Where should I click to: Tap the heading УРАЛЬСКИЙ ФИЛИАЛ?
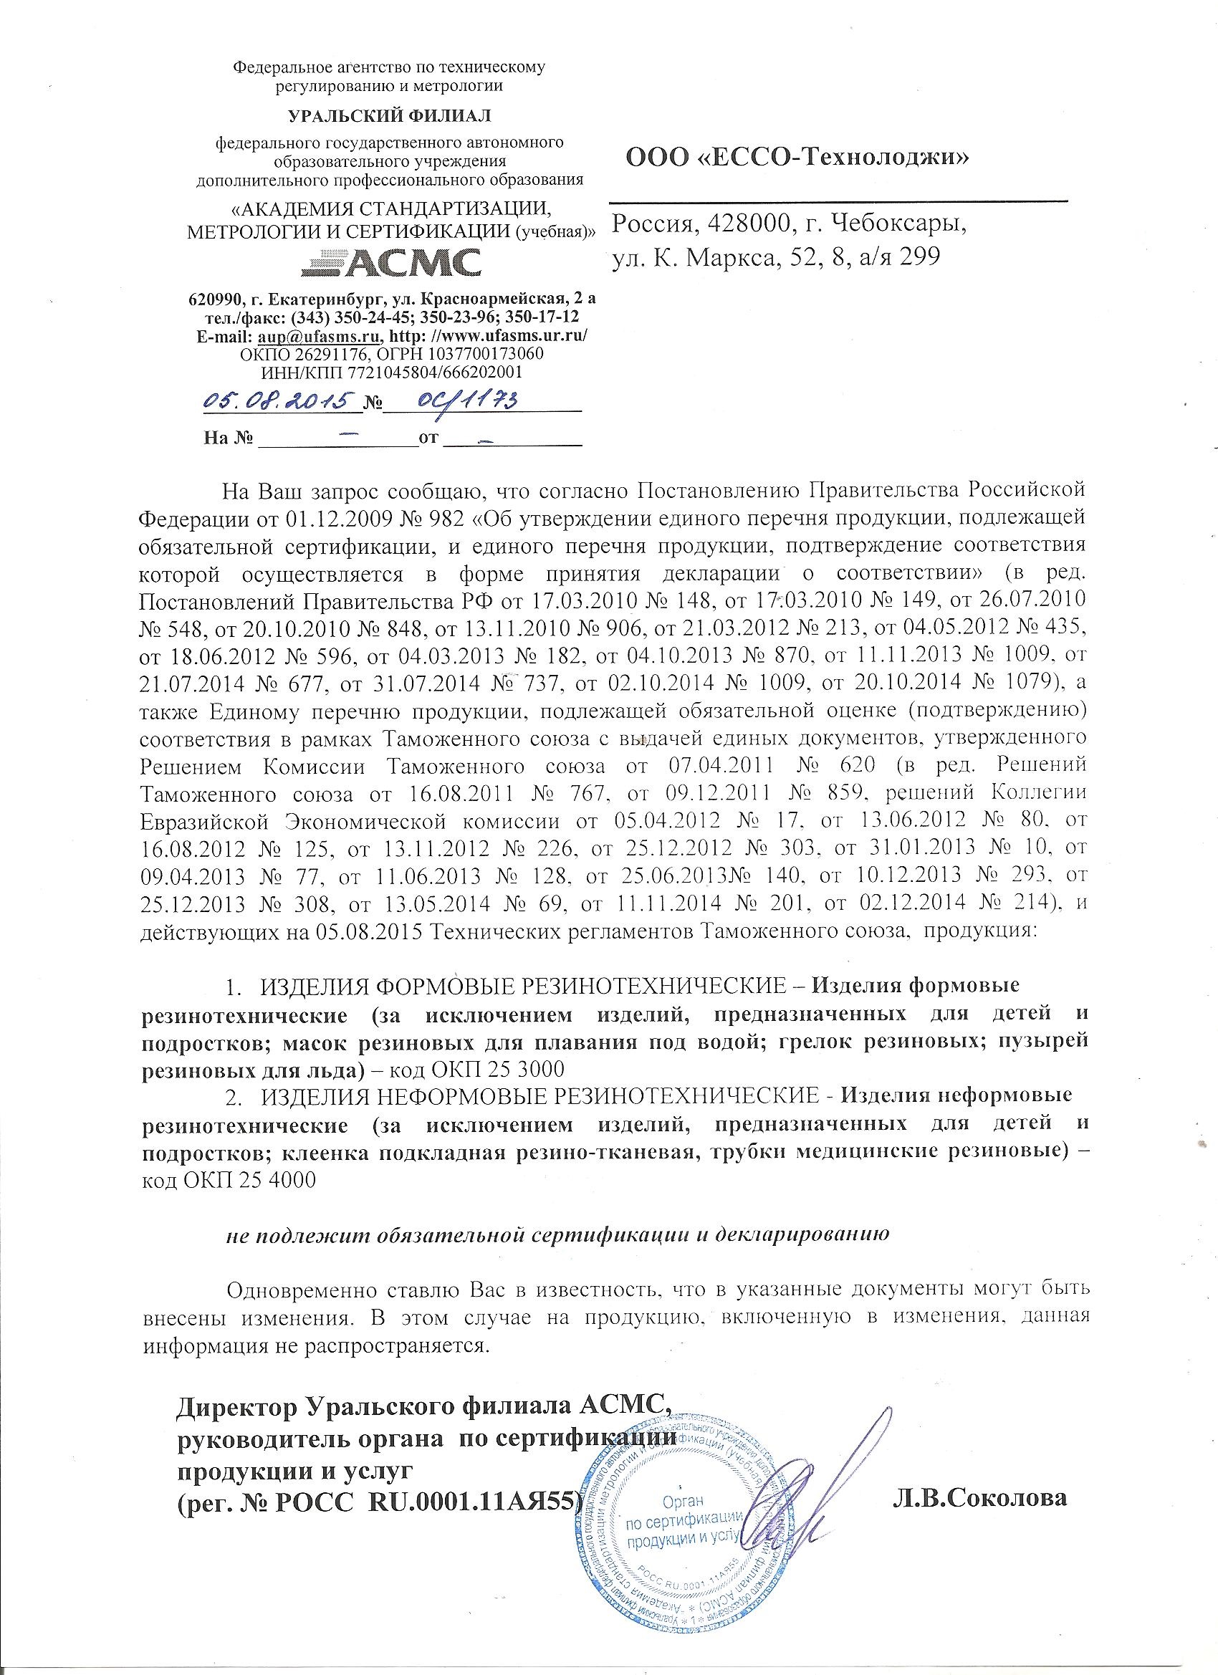[x=388, y=116]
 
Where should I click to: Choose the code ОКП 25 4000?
[x=229, y=1179]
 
